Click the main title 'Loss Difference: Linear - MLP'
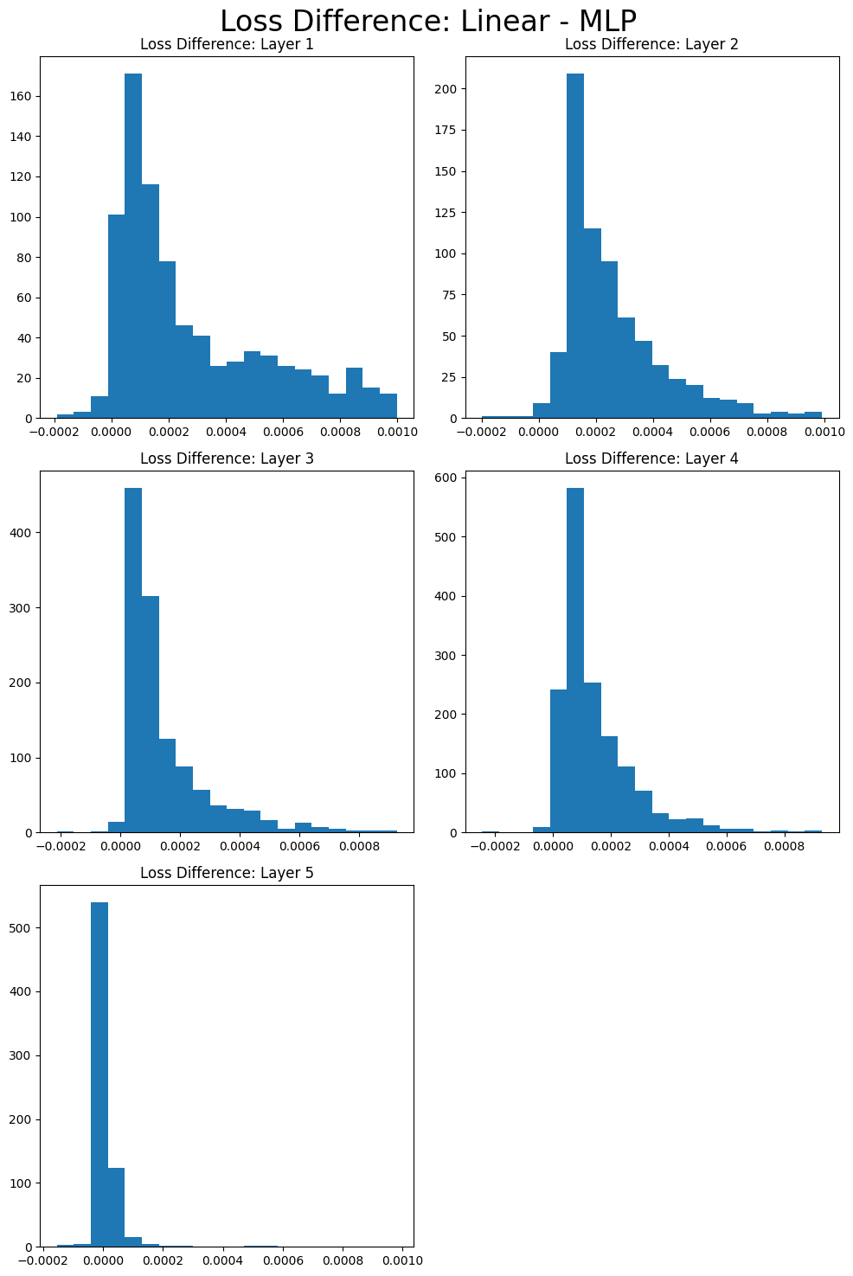428,21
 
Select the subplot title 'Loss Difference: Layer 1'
227,45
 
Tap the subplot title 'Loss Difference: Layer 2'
651,45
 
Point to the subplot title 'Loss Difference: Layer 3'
227,458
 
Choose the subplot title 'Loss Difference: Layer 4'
651,458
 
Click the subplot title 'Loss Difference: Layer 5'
227,873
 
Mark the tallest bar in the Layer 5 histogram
99,1074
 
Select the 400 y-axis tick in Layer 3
22,533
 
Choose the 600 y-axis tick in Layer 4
446,478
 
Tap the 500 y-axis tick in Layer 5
22,928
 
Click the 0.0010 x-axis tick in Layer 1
397,431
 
